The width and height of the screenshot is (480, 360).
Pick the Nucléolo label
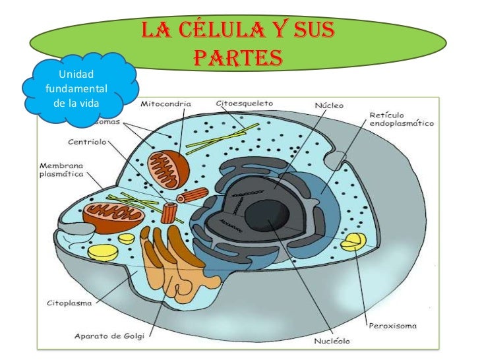[330, 341]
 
